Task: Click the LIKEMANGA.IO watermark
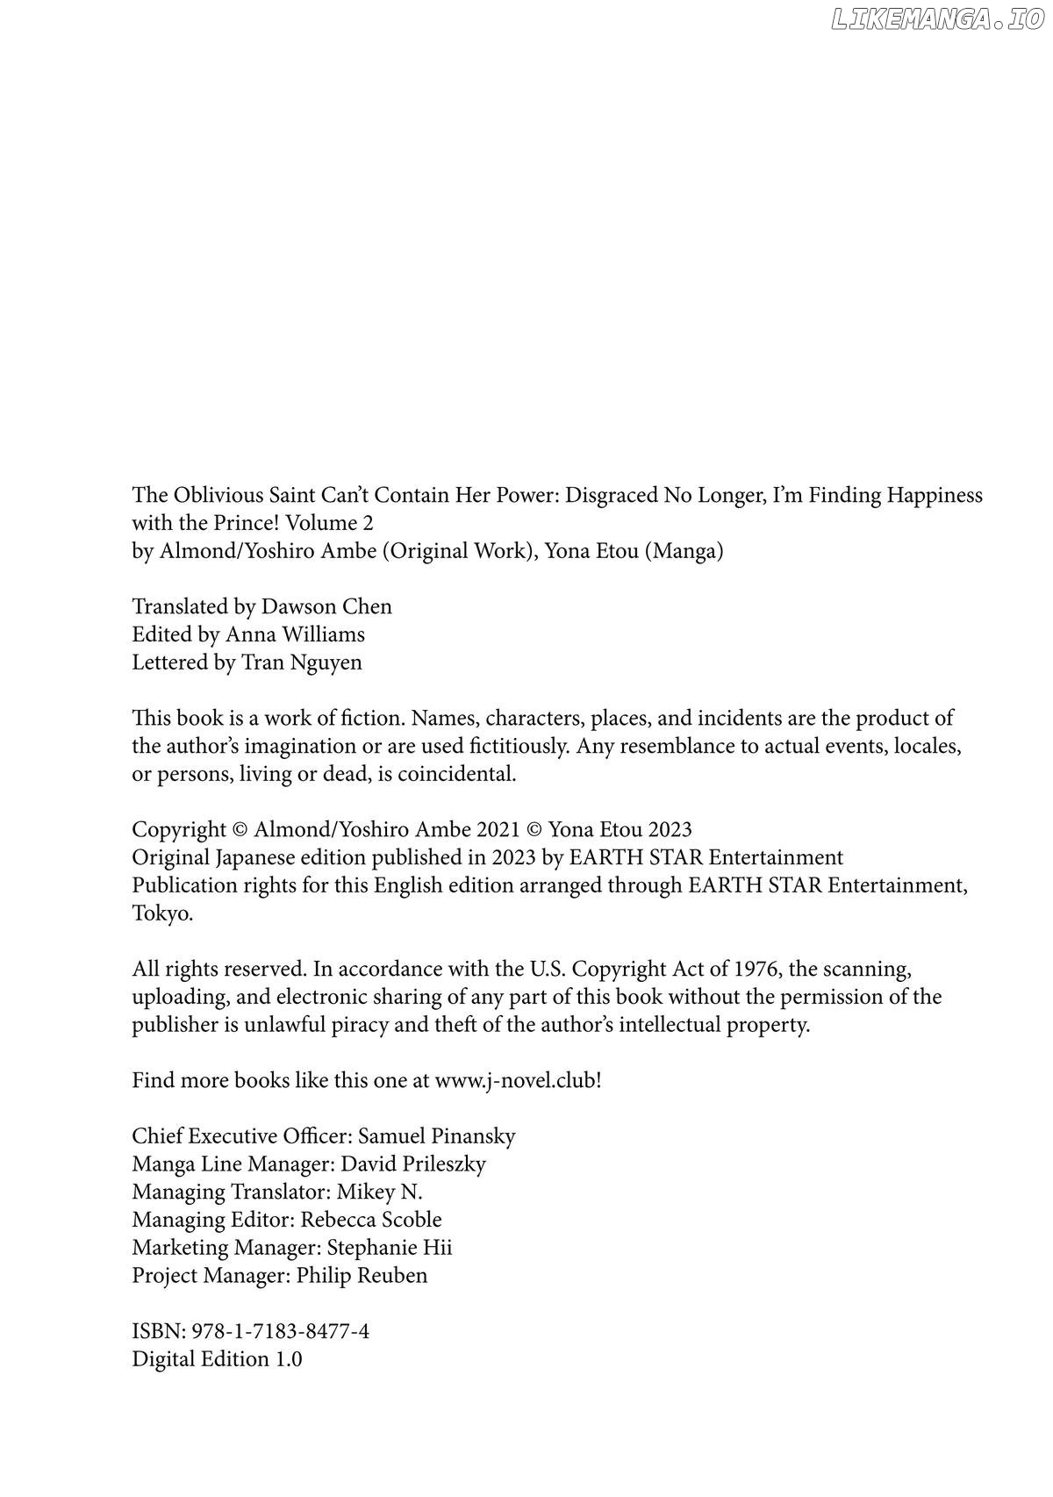pos(936,20)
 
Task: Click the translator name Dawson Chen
pos(326,606)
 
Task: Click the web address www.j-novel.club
pos(515,1080)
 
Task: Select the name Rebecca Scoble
pos(371,1220)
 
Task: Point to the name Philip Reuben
pos(362,1276)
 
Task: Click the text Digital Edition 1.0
pos(217,1359)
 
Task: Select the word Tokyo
pos(161,913)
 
